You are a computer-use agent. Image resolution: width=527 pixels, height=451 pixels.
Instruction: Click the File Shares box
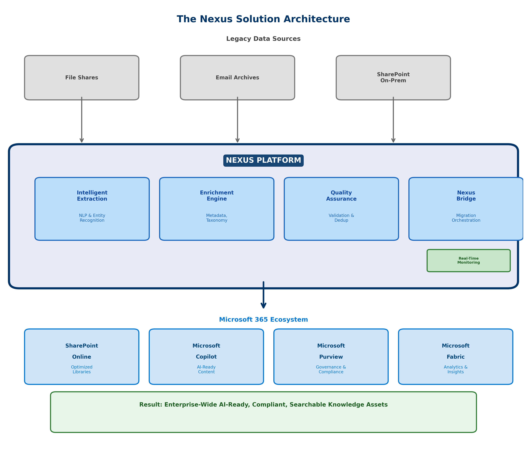pos(82,78)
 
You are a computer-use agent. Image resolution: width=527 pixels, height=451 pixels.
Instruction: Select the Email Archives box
pos(237,78)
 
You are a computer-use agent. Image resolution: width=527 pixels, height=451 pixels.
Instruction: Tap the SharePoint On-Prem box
pos(393,78)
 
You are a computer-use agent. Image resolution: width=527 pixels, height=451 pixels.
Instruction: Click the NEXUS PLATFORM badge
pos(263,160)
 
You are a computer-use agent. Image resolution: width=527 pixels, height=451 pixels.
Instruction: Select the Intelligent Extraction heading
pos(92,196)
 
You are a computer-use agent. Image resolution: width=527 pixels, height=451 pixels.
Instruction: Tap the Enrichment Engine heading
pos(217,196)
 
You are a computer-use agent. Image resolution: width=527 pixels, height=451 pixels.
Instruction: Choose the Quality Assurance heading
pos(341,196)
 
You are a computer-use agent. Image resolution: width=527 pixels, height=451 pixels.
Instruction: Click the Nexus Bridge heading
pos(466,196)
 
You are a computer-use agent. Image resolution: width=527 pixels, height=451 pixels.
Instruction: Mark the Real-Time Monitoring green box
pos(468,261)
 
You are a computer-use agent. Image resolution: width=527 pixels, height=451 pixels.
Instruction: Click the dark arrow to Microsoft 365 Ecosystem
pos(263,295)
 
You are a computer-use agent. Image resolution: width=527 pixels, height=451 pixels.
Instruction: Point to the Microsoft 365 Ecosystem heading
pos(263,320)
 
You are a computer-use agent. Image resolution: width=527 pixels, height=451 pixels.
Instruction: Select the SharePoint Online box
pos(82,356)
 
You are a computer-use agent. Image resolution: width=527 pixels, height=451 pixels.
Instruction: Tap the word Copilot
pos(206,357)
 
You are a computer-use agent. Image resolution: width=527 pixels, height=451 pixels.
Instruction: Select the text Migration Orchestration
pos(466,218)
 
